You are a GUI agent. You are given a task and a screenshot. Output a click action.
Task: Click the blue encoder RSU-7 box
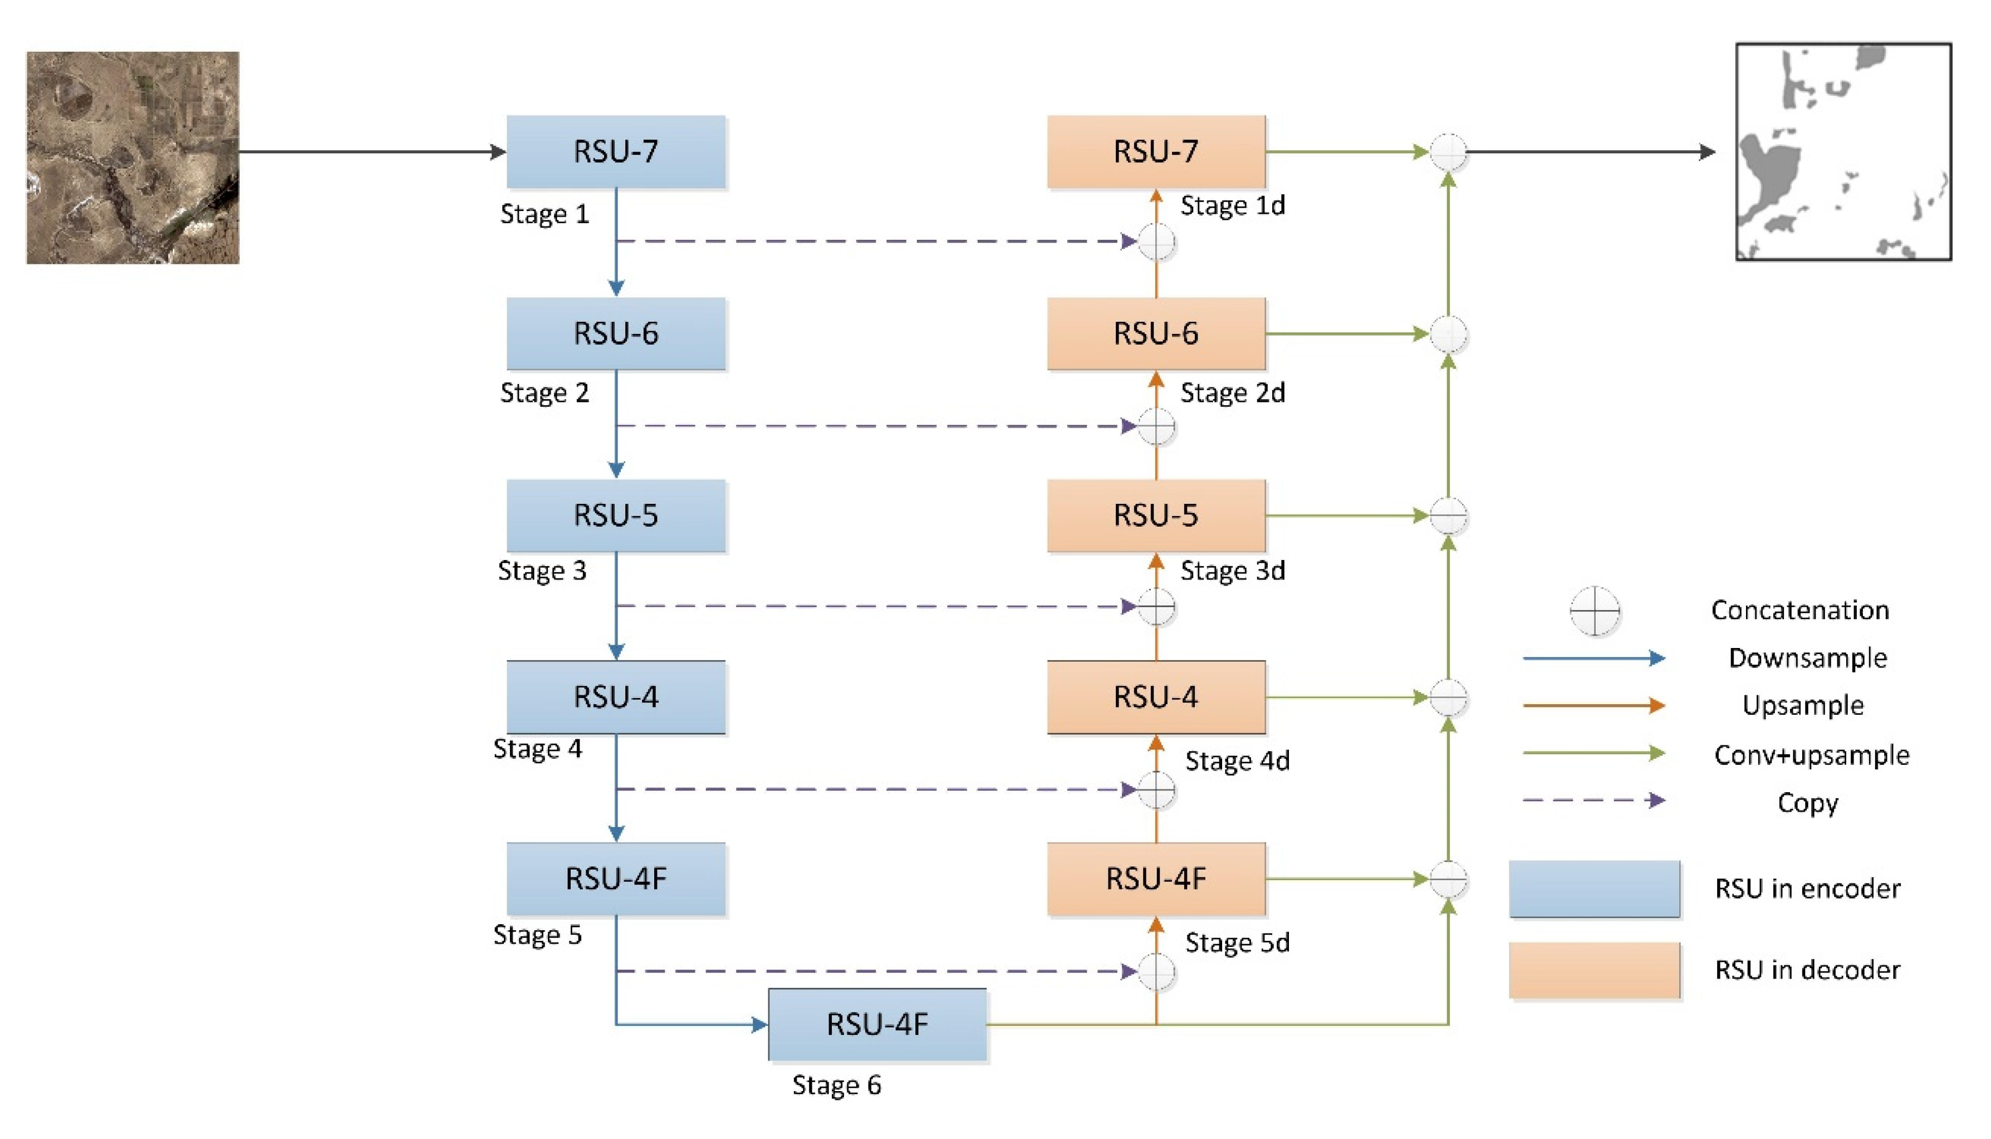point(616,152)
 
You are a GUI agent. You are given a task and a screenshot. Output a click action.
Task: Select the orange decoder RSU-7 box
point(1155,152)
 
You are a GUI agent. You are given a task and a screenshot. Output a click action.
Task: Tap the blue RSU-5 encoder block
point(616,516)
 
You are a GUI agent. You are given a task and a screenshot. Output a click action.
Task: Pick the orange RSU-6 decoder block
point(1155,333)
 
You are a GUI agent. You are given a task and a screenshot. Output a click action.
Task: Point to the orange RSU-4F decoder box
point(1155,878)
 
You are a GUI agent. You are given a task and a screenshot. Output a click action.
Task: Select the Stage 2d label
point(1232,392)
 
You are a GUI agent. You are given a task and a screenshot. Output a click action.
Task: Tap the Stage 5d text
point(1237,942)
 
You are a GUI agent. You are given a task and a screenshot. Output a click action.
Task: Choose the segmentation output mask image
point(1843,152)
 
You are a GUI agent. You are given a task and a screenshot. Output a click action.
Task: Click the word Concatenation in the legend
point(1799,610)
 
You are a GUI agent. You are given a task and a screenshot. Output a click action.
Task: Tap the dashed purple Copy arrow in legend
point(1593,801)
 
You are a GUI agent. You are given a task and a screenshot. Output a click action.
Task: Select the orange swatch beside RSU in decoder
point(1595,970)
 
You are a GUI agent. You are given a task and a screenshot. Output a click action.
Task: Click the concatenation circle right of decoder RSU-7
point(1448,152)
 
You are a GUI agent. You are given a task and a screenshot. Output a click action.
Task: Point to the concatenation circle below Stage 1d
point(1155,242)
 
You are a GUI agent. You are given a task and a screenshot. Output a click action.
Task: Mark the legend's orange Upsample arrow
point(1593,706)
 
